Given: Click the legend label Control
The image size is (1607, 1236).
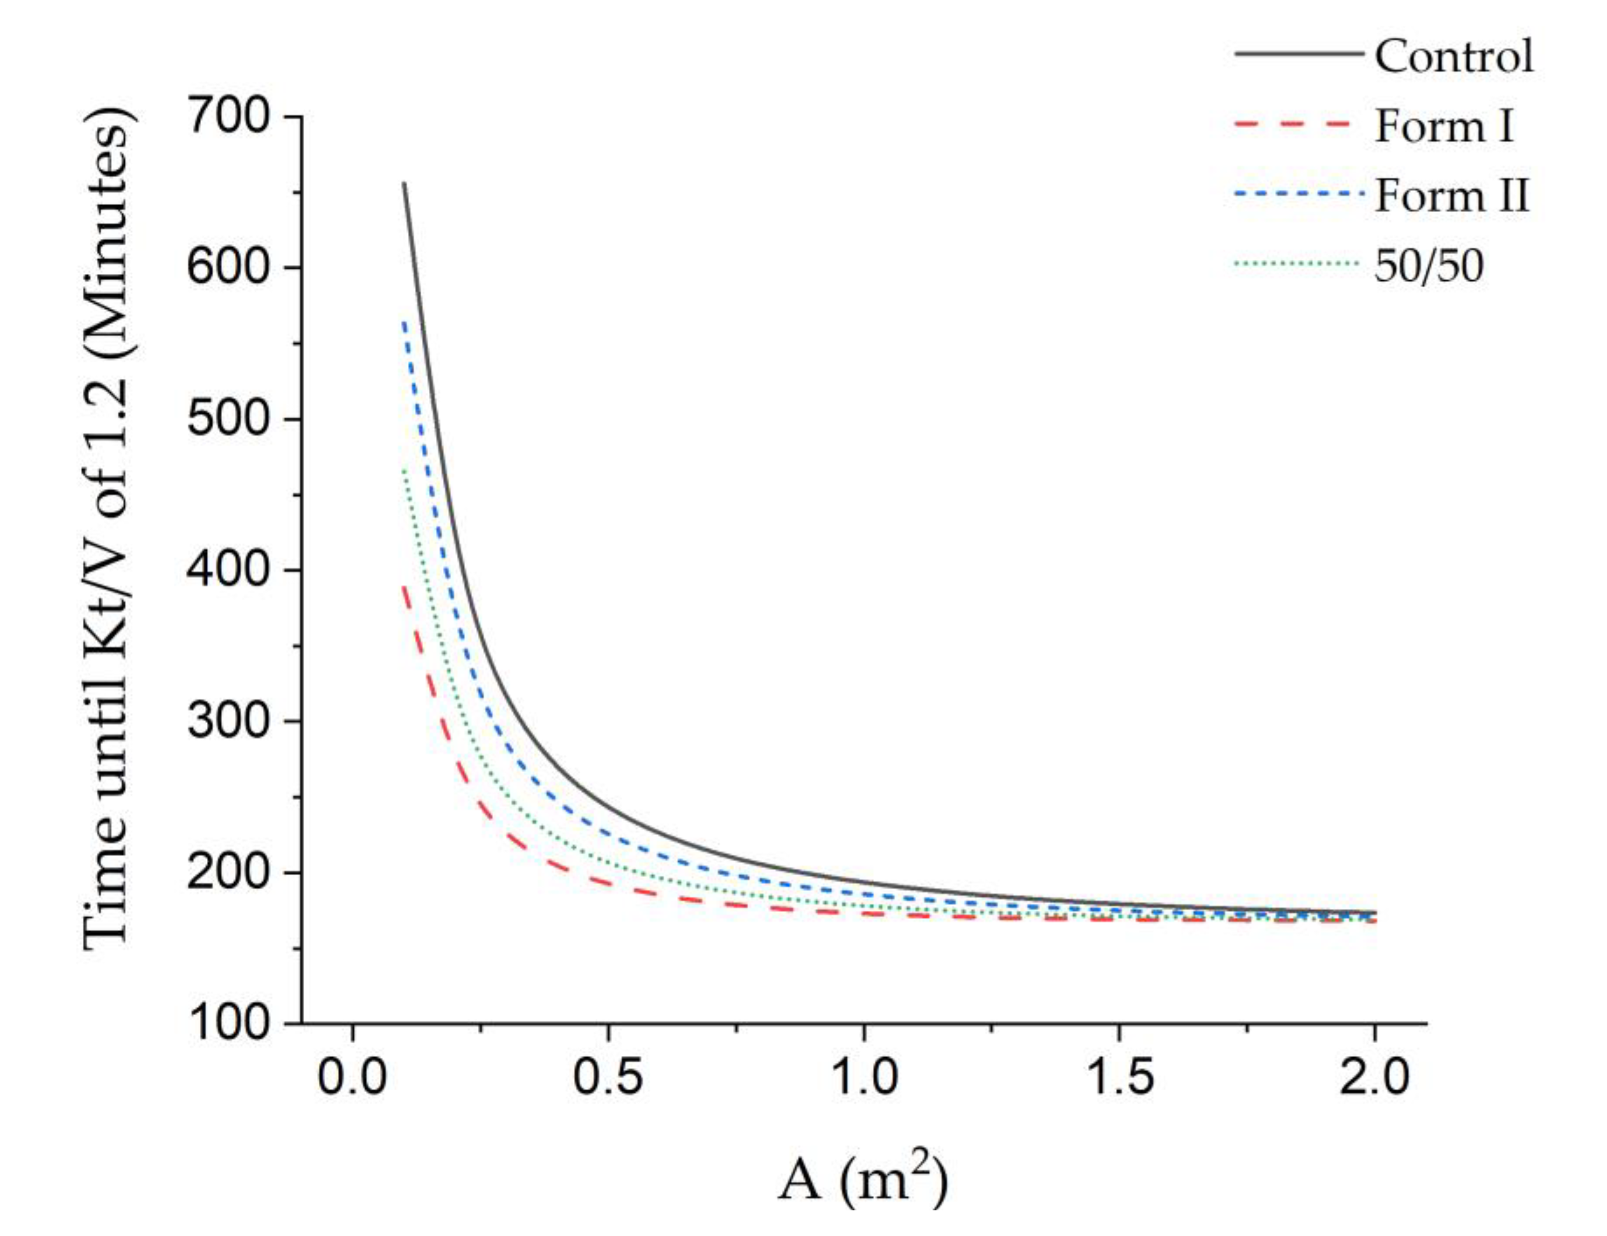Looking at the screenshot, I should (x=1453, y=56).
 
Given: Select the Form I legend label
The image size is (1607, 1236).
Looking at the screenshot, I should (x=1444, y=126).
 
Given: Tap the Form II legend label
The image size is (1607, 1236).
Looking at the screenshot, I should (x=1452, y=196).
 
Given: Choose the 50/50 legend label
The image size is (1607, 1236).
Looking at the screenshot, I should (x=1428, y=266).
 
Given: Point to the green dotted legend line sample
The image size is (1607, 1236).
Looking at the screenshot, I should (x=1295, y=263).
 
